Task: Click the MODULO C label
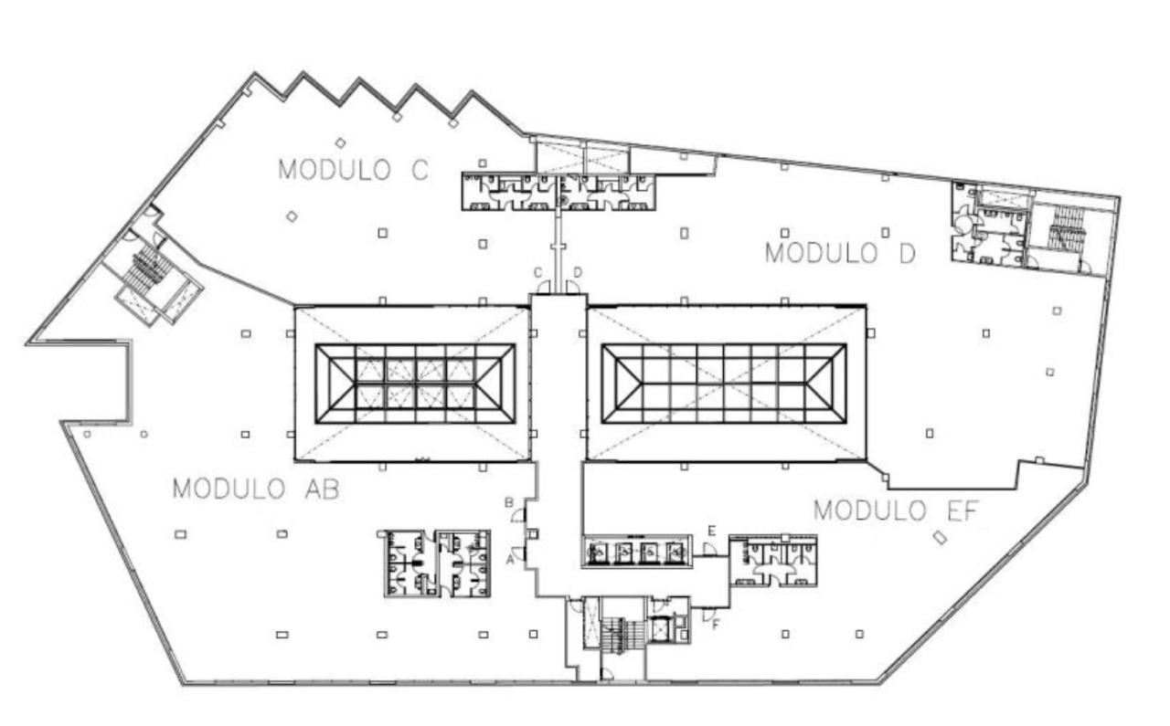click(x=353, y=170)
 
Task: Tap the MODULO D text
click(x=839, y=253)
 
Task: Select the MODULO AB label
click(x=256, y=489)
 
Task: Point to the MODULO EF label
click(x=896, y=510)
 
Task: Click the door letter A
click(x=510, y=563)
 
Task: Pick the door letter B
click(x=509, y=502)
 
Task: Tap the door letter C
click(x=538, y=272)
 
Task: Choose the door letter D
click(x=578, y=272)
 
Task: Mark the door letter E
click(x=711, y=530)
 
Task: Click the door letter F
click(x=716, y=626)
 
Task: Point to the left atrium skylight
click(x=415, y=384)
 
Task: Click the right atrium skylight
click(x=724, y=384)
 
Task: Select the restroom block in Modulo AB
click(x=435, y=563)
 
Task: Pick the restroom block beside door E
click(x=773, y=561)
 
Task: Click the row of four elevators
click(x=635, y=551)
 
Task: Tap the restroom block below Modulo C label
click(x=558, y=192)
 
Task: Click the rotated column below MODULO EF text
click(x=939, y=537)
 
